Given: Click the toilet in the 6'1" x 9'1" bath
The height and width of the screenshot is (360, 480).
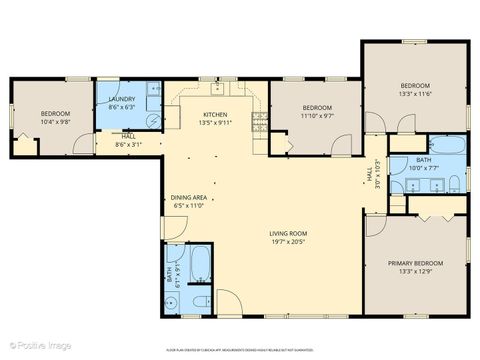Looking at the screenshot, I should (x=199, y=299).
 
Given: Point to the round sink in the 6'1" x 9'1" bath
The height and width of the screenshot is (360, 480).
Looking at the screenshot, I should (x=169, y=299).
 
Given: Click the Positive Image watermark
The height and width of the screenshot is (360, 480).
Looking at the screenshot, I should (x=32, y=346).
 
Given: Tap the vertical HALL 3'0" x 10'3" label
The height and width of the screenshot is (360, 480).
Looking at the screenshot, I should (x=371, y=177).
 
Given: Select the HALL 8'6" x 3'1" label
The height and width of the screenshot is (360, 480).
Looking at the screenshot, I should (x=129, y=140).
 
